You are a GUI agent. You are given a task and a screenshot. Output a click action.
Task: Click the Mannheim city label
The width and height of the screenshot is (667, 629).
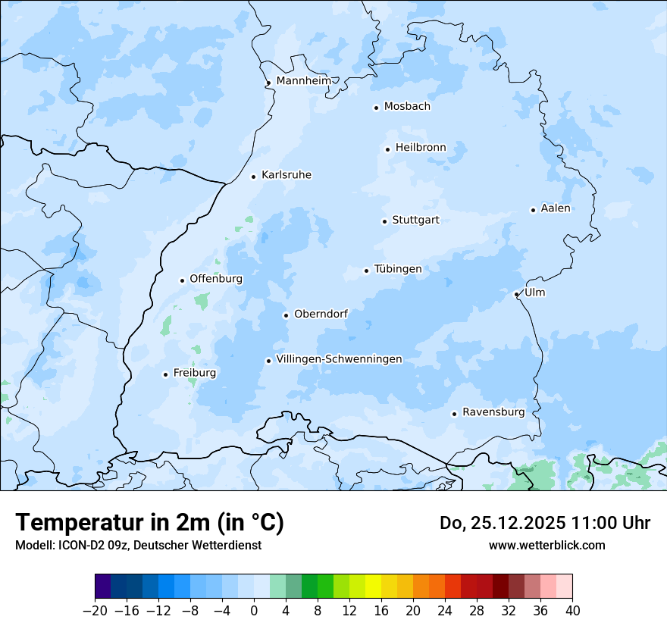(303, 80)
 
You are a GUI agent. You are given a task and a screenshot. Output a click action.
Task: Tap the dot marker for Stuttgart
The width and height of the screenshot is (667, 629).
(384, 221)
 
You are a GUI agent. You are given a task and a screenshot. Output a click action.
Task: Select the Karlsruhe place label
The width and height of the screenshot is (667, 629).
(286, 175)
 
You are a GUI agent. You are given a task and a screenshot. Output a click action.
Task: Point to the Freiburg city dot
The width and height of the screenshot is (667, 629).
(165, 374)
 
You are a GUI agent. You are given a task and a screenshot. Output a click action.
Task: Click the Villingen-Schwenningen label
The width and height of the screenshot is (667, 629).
(339, 359)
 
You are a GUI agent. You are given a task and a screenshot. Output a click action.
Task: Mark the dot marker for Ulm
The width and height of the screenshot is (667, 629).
(516, 294)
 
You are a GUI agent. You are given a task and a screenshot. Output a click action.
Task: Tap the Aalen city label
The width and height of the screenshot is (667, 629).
(556, 208)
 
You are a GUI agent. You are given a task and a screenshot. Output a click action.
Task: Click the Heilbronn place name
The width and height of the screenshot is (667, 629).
(421, 147)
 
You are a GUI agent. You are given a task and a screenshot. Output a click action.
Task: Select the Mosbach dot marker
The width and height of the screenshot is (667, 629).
(376, 108)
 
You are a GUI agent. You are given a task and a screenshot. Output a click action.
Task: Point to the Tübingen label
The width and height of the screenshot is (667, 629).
(397, 269)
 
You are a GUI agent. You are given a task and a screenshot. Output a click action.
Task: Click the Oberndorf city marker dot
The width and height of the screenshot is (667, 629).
(286, 315)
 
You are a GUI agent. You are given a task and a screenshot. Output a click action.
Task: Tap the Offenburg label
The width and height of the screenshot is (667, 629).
(216, 279)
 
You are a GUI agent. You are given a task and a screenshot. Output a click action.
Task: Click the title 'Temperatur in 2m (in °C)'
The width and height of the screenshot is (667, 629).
(149, 522)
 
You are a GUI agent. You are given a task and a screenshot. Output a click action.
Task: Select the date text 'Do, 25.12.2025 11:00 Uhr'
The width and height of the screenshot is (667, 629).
(544, 523)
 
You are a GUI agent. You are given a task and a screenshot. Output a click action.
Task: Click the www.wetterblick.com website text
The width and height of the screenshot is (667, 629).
(546, 545)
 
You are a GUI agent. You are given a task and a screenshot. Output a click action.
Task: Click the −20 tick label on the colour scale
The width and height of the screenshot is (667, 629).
(95, 611)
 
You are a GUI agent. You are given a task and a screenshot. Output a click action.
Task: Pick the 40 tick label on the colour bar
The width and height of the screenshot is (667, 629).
(572, 611)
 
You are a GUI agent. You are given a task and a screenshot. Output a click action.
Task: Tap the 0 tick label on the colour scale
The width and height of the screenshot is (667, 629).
(254, 611)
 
